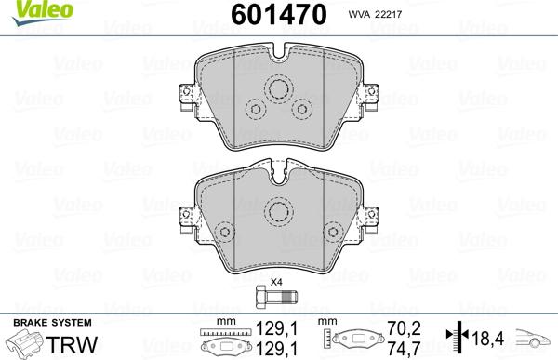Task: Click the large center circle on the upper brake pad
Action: click(278, 89)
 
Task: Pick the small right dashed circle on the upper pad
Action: click(302, 110)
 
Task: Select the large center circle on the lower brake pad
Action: click(278, 211)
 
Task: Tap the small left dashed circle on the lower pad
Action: click(223, 233)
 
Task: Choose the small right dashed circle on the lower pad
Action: click(333, 233)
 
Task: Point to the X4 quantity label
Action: click(276, 282)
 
